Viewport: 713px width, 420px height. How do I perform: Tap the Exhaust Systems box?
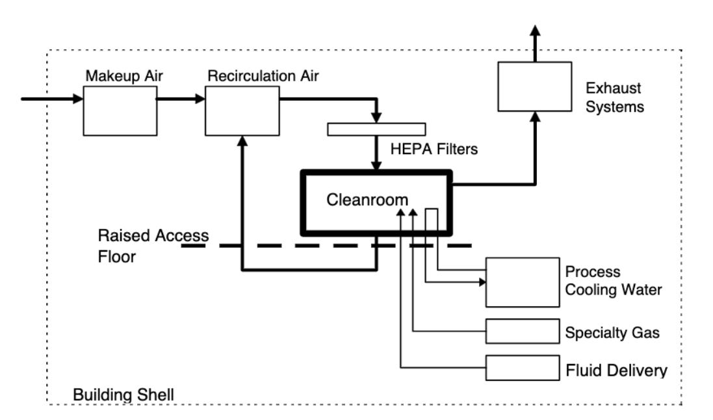coord(534,86)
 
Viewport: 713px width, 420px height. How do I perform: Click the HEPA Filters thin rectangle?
coord(376,129)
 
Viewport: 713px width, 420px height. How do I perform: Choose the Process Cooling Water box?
coord(523,282)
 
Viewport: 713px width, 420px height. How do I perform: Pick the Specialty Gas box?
coord(523,332)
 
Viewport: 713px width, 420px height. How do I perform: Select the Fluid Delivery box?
coord(523,368)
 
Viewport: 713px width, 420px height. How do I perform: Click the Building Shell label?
coord(123,394)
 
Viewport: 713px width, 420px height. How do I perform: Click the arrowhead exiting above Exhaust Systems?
coord(534,31)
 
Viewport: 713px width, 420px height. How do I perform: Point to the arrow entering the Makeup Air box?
coord(52,99)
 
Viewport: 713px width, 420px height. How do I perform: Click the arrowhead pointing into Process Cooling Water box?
coord(481,282)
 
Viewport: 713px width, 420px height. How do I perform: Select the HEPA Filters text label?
coord(434,150)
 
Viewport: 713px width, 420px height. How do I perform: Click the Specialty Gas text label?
coord(612,333)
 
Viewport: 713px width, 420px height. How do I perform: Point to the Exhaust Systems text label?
coord(614,96)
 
